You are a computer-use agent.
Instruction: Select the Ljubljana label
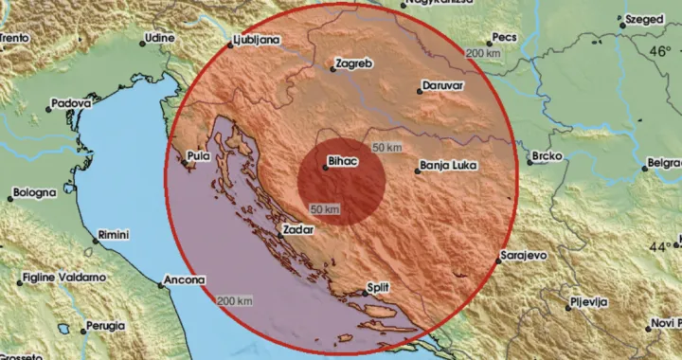[256, 41]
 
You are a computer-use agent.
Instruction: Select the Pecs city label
[507, 40]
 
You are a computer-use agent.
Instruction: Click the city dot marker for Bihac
[325, 170]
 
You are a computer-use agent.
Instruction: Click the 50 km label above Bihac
[387, 149]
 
